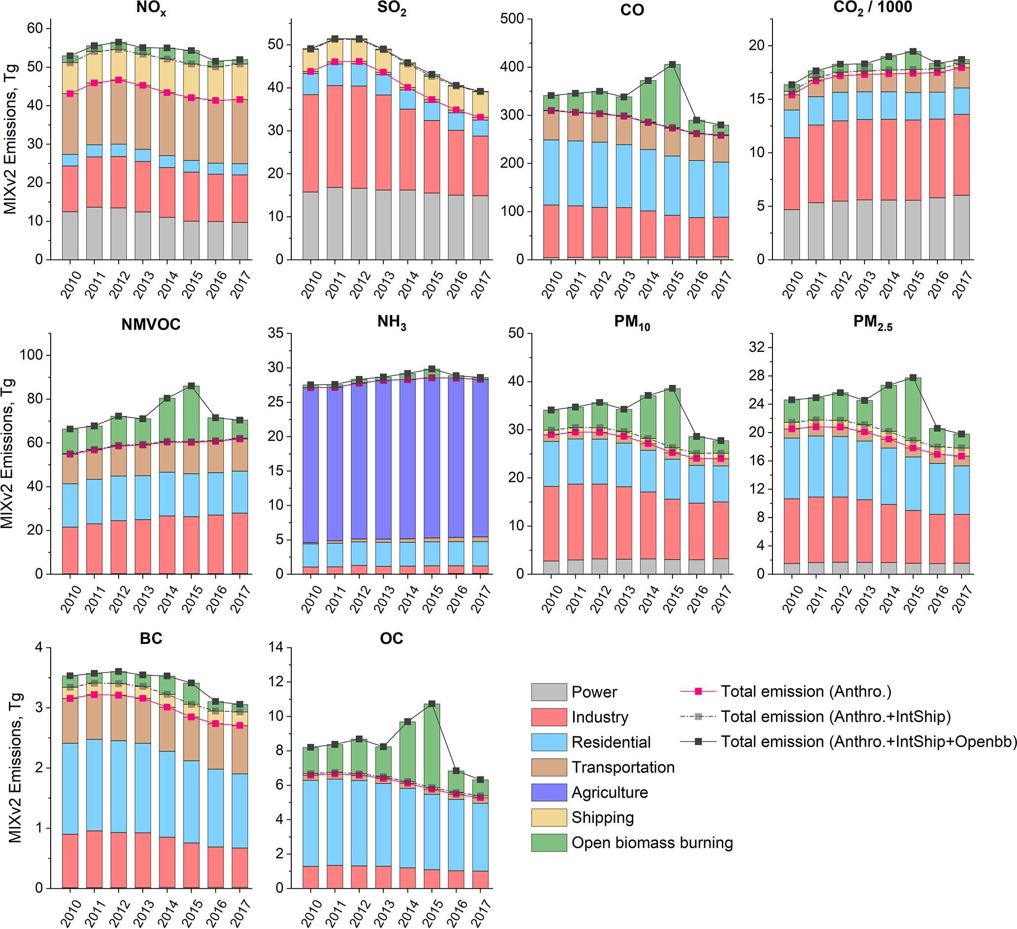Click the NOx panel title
pos(151,9)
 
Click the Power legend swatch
pos(549,692)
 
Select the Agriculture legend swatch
pos(549,792)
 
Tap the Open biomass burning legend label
pos(652,843)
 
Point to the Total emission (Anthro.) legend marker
pos(698,692)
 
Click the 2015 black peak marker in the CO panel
pos(673,64)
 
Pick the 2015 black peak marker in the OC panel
pos(432,704)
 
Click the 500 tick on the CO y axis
pos(512,19)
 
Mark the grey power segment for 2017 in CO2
pos(961,227)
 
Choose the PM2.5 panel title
pos(872,322)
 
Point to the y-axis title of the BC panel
pos(15,768)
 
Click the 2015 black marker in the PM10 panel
pos(673,388)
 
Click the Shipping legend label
pos(602,817)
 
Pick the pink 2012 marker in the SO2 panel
pos(359,61)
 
